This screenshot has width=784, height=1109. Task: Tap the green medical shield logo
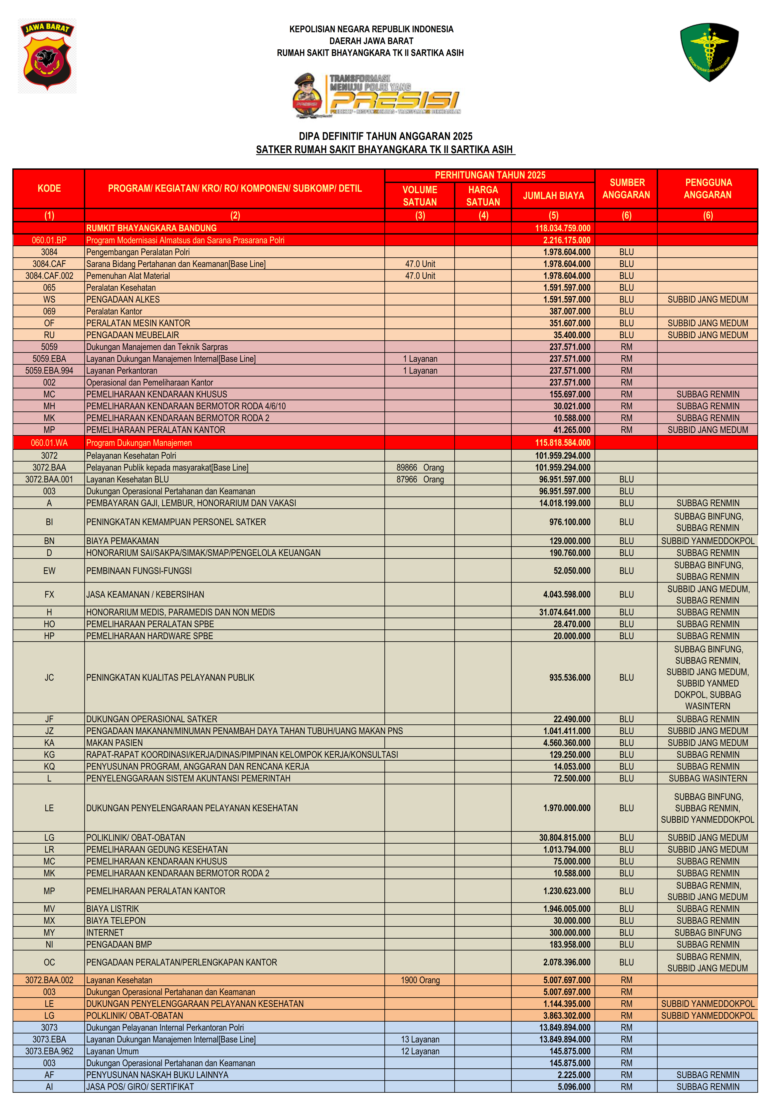709,52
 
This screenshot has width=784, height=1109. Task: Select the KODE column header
49,188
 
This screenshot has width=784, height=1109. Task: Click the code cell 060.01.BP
49,240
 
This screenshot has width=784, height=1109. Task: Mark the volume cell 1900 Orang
420,980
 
